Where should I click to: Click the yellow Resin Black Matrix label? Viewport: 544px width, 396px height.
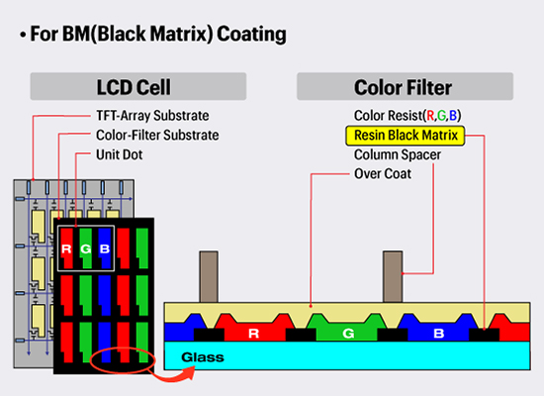tap(406, 136)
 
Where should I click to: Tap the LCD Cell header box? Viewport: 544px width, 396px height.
tap(138, 86)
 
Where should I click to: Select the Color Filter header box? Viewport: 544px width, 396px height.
tap(405, 86)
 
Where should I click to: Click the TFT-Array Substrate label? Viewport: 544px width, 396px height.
tap(152, 116)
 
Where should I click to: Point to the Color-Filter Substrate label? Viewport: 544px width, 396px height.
tap(157, 136)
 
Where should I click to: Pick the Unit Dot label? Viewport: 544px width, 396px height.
tap(120, 154)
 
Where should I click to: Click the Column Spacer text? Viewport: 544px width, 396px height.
tap(398, 154)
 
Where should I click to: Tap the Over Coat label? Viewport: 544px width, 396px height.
tap(383, 173)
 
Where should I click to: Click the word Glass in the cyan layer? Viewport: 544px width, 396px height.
tap(203, 357)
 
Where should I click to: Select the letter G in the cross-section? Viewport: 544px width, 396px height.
tap(348, 334)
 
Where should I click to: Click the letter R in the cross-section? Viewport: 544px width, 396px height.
tap(254, 334)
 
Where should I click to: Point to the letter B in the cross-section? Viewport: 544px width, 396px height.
tap(439, 334)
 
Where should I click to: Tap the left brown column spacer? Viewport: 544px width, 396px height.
tap(209, 277)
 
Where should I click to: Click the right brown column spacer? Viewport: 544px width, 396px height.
tap(393, 277)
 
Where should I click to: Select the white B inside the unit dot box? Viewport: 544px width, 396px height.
tap(105, 248)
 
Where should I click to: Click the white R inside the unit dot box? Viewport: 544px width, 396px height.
tap(66, 248)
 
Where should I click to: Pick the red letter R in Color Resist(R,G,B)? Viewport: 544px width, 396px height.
tap(430, 116)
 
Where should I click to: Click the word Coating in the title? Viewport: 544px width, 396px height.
tap(252, 34)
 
